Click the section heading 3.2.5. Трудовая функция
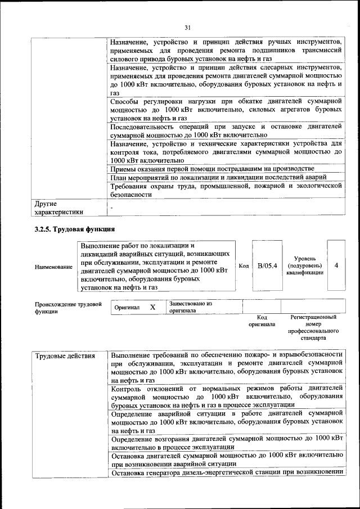click(75, 229)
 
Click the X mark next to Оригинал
click(152, 308)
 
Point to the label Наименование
click(53, 267)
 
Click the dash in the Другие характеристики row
click(111, 208)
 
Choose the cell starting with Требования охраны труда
click(226, 190)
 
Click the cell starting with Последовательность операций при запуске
click(226, 131)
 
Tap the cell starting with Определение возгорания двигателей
click(226, 442)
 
